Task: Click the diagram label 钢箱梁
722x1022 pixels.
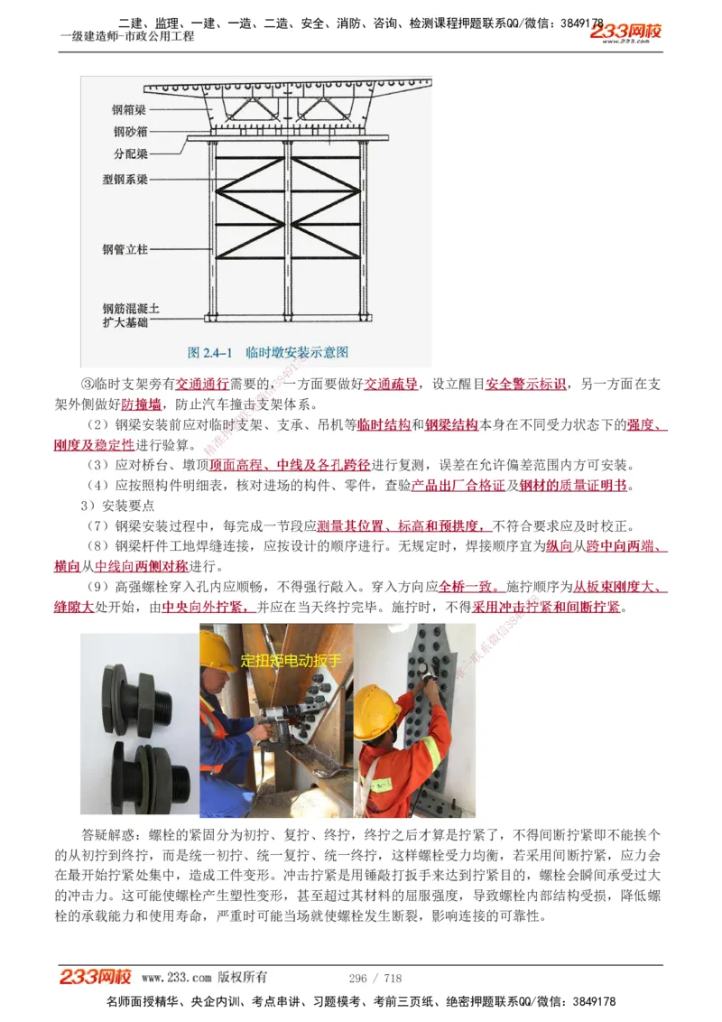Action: tap(130, 110)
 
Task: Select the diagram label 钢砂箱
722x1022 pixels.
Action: tap(130, 132)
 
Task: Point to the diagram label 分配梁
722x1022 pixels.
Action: tap(130, 153)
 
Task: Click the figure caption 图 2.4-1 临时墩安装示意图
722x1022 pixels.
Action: tap(267, 352)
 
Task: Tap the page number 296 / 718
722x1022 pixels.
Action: tap(375, 978)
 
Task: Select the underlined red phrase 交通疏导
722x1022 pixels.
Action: tap(390, 385)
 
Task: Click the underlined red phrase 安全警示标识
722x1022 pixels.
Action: tap(526, 385)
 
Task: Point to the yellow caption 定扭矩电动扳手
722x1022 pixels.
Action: tap(291, 661)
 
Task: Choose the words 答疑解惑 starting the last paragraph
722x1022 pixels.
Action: tap(106, 833)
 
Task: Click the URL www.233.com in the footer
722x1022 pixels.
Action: tap(177, 978)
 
